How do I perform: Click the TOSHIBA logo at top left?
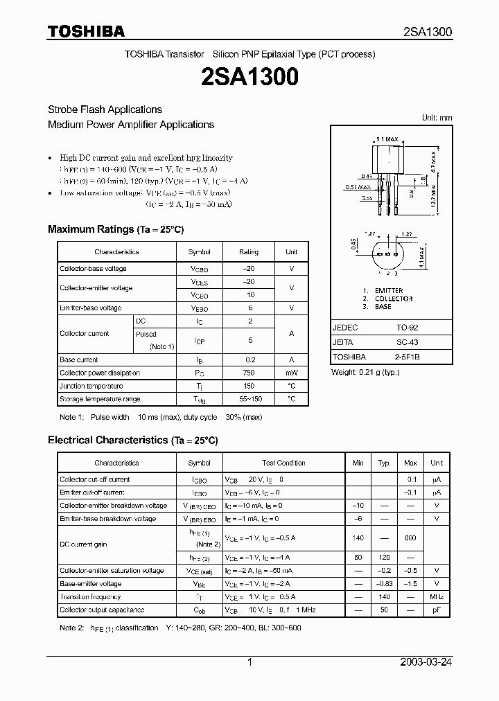[x=85, y=30]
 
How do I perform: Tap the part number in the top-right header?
[x=428, y=32]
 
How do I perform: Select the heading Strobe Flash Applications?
[x=105, y=109]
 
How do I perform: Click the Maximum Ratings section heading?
[x=115, y=229]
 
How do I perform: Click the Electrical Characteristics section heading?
[x=132, y=440]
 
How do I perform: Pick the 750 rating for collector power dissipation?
[x=248, y=373]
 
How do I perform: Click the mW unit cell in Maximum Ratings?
[x=291, y=373]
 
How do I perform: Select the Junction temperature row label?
[x=91, y=386]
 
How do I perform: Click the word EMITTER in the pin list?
[x=389, y=291]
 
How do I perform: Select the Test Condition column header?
[x=283, y=463]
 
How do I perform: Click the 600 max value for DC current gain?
[x=410, y=538]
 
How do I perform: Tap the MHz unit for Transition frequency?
[x=436, y=596]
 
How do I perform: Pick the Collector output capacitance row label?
[x=102, y=610]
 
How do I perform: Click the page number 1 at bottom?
[x=249, y=662]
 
